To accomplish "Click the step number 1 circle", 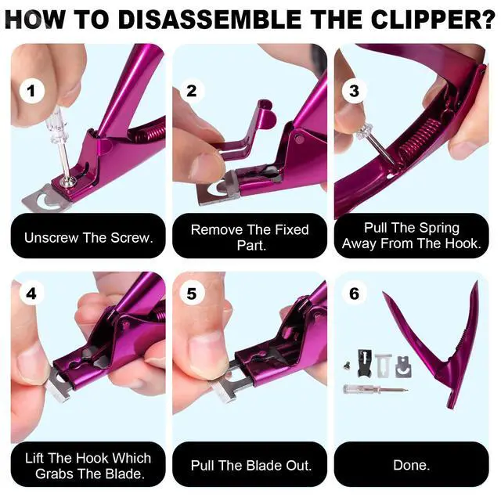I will coord(31,92).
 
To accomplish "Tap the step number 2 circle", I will coord(192,90).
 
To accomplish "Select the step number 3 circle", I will coord(354,90).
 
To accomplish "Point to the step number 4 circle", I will coord(31,294).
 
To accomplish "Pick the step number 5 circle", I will coord(192,294).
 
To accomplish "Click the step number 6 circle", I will coord(354,294).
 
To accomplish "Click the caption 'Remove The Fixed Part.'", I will coord(250,236).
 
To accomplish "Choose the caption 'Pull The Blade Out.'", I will coord(250,465).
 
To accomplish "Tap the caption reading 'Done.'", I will coord(411,465).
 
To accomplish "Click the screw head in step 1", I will coord(69,181).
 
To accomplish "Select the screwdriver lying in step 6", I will coord(374,387).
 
